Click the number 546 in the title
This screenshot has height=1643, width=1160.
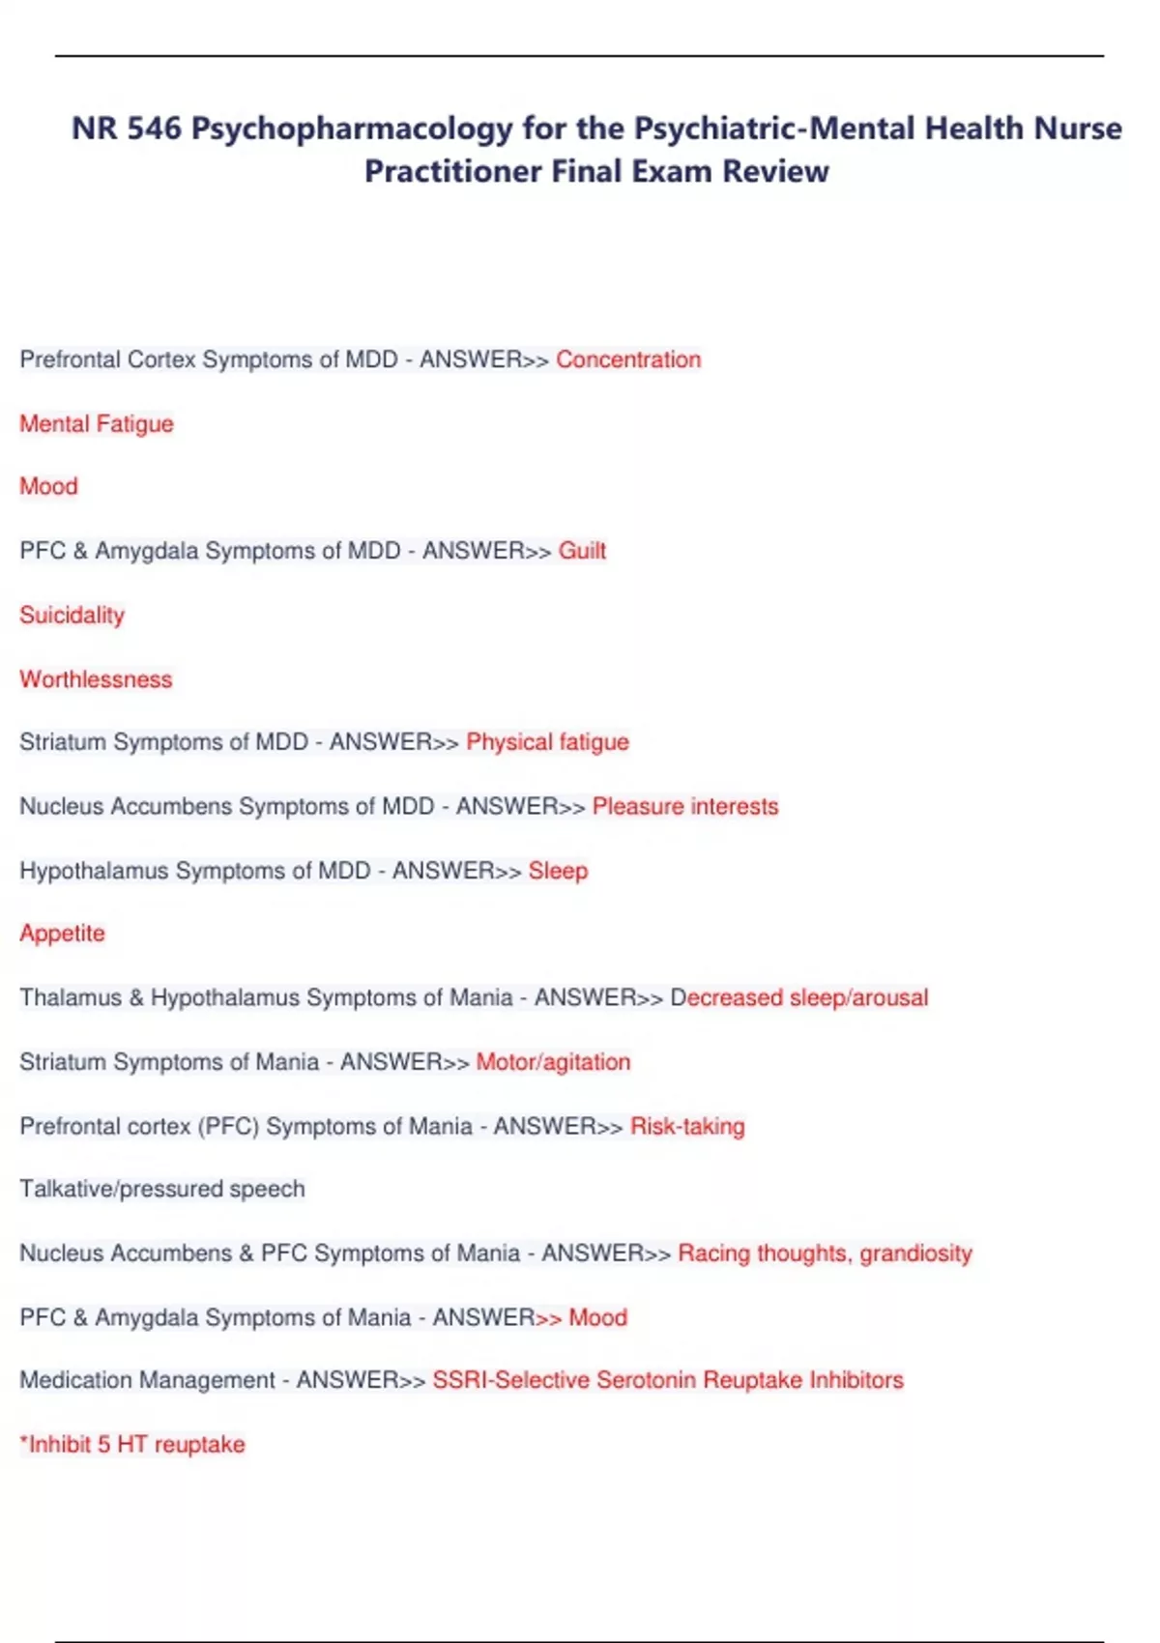click(154, 129)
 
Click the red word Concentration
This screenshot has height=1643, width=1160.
click(628, 360)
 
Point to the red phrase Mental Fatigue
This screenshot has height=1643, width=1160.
click(97, 423)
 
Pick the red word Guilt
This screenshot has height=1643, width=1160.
click(582, 551)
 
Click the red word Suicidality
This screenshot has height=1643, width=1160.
click(72, 615)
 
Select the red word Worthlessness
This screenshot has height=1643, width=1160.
click(96, 679)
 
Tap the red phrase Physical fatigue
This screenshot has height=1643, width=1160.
click(547, 742)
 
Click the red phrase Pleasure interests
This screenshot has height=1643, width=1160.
click(684, 806)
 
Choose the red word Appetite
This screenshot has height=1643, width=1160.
click(62, 934)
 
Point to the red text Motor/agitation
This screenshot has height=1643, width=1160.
click(553, 1062)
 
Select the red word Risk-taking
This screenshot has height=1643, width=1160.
click(687, 1126)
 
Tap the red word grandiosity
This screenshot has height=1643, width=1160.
click(915, 1254)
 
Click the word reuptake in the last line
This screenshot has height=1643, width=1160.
click(199, 1445)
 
